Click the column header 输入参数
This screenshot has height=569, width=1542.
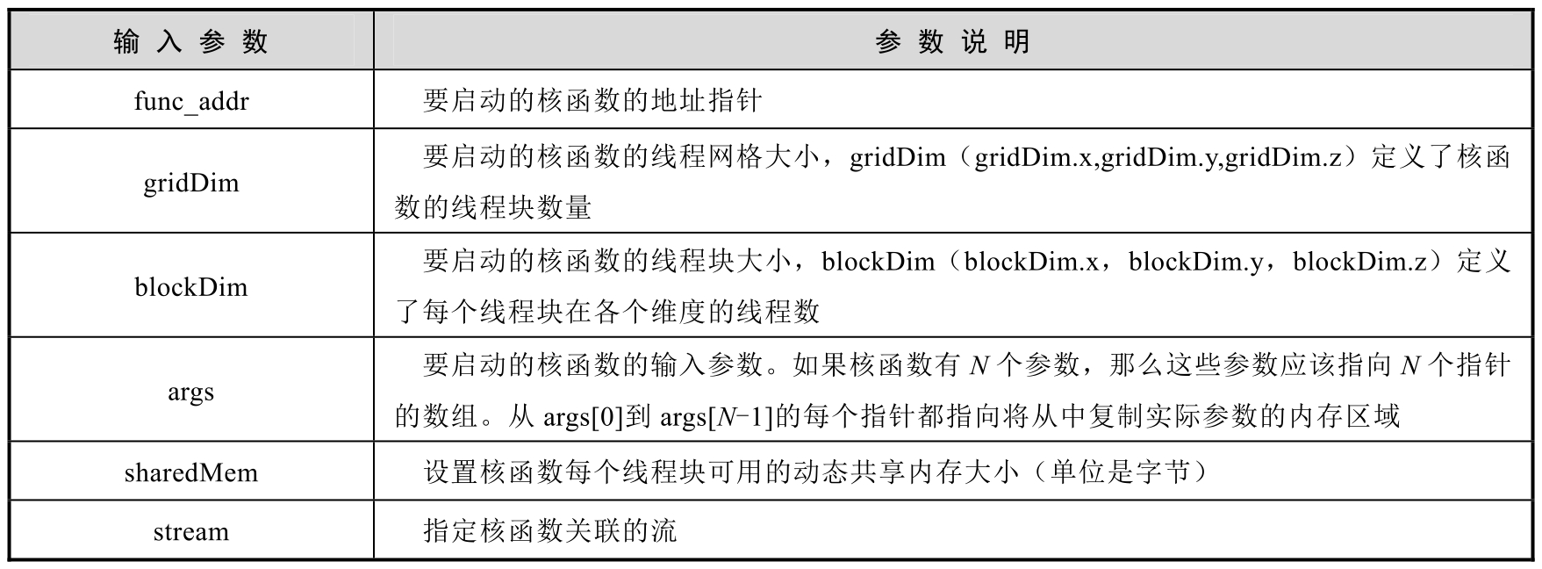[190, 41]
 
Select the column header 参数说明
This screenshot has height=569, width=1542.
[952, 41]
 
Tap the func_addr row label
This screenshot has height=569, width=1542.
[190, 101]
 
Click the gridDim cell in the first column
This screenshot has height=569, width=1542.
[190, 183]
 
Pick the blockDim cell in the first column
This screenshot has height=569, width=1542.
[190, 287]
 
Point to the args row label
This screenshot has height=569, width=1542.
[190, 392]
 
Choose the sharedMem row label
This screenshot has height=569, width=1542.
[190, 473]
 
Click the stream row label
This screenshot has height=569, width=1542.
[190, 532]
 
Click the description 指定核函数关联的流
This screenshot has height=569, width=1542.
[549, 532]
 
